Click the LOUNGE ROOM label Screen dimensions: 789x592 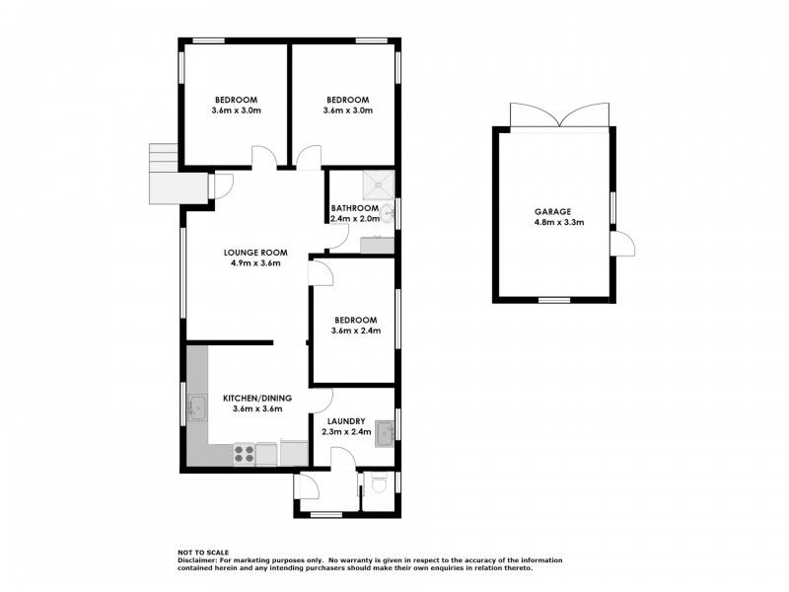255,253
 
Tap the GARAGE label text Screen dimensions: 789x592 552,212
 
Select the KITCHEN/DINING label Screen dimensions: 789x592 257,399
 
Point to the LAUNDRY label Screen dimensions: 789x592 346,421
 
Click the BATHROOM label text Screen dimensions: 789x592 355,208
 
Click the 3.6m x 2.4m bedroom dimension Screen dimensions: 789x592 356,331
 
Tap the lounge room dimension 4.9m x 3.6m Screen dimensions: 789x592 255,263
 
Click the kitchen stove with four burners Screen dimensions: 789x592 244,454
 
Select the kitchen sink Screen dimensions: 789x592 197,407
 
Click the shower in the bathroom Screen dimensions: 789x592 379,185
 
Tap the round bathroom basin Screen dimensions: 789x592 388,214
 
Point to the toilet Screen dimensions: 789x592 379,484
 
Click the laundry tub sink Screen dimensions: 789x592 385,432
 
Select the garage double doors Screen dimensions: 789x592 559,115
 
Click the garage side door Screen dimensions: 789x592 622,244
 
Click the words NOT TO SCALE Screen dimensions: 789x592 203,553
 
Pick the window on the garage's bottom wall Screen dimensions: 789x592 554,300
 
